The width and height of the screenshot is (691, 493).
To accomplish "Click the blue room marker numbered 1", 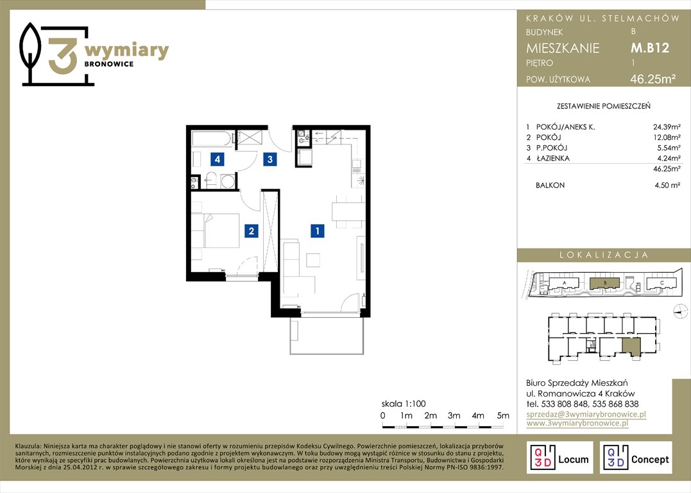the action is point(318,230).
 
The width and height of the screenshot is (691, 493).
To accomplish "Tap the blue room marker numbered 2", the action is point(252,230).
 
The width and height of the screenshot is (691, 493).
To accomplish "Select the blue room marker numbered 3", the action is point(270,159).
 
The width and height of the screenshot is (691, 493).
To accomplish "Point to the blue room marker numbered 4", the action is point(218,159).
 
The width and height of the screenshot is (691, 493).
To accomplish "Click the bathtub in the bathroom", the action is point(211,138).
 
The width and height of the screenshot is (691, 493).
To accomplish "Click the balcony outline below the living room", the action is point(327,335).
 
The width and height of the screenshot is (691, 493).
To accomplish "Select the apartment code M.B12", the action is point(650,48).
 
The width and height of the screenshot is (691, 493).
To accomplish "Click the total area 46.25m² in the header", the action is point(653,79).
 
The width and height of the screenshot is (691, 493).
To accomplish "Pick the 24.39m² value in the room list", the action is point(667,127).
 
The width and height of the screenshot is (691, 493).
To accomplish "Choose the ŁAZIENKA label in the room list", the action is point(553,159).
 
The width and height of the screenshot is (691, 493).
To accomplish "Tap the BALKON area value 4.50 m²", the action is point(667,186).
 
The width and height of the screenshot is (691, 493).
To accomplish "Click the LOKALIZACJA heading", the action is point(604,255).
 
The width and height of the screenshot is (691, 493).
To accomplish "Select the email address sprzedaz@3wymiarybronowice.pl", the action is point(586,414).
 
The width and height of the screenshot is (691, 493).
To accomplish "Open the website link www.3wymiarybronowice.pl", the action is point(577,423).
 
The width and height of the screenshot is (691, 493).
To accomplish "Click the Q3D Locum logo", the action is point(559,457).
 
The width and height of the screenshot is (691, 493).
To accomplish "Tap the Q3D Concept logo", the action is point(636,457).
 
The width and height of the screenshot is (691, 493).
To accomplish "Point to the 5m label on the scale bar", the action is point(503,415).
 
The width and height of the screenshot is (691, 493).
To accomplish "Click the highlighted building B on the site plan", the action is point(604,283).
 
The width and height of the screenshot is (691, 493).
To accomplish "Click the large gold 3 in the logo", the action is point(63,55).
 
